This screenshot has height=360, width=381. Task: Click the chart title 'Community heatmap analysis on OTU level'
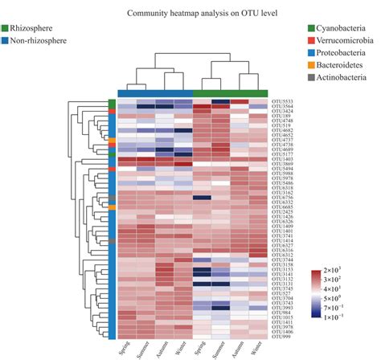(190, 14)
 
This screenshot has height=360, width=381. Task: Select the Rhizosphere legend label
(29, 28)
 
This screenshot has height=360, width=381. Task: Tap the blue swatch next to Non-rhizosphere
(5, 39)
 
